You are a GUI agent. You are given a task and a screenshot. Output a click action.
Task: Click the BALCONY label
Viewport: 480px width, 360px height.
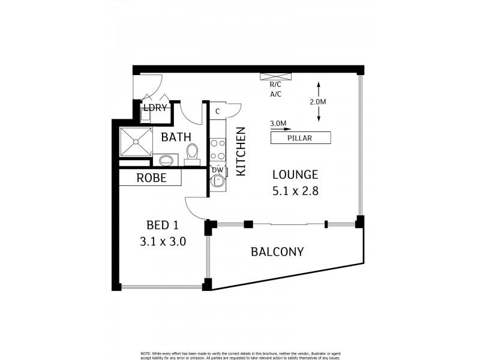[277, 252]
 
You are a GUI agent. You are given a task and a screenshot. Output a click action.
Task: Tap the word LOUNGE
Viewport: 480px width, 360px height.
[295, 175]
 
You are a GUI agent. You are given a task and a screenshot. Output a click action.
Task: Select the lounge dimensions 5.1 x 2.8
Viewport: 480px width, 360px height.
[295, 192]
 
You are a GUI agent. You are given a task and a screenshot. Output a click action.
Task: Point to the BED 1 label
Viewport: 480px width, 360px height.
[162, 226]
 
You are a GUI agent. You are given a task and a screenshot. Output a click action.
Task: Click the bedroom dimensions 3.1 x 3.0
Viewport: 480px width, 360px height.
[162, 242]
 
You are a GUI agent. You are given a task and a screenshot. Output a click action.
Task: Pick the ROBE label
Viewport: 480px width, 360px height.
[151, 178]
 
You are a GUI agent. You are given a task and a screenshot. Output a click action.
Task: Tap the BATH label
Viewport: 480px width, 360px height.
[176, 137]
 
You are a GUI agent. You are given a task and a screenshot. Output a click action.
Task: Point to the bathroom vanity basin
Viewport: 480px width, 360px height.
[166, 160]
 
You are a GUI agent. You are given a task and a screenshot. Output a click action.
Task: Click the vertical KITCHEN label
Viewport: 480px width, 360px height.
[241, 151]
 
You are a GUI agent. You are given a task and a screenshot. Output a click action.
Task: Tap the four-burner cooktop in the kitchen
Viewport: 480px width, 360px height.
[217, 150]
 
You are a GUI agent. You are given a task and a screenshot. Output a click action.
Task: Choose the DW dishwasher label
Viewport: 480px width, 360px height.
[217, 170]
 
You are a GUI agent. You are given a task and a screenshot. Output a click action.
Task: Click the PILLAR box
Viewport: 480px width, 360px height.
[301, 138]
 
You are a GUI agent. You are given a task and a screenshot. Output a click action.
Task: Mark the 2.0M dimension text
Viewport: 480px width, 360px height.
[318, 102]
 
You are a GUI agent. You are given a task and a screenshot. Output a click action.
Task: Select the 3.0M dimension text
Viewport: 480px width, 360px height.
[278, 124]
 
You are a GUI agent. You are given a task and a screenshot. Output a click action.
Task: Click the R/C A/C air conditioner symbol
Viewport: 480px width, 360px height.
[276, 76]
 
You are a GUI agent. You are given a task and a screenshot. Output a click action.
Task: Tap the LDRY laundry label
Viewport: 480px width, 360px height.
[154, 108]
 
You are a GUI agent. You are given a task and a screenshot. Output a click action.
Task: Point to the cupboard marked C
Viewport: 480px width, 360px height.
[217, 111]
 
